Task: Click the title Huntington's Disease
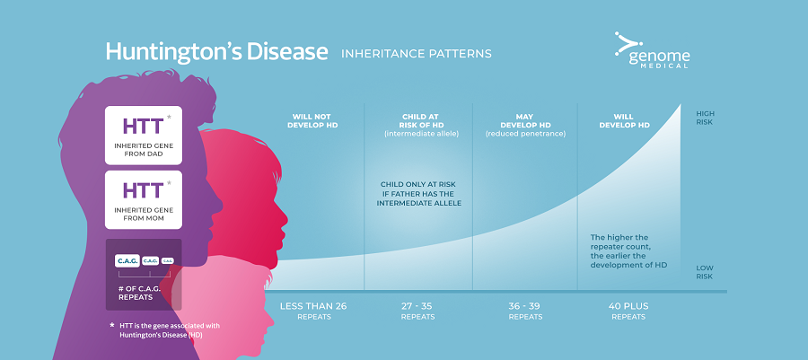click(216, 52)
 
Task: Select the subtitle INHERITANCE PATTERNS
click(417, 54)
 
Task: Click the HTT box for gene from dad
click(144, 135)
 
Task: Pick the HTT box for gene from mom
click(144, 200)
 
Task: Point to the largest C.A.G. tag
click(127, 261)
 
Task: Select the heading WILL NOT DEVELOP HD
click(312, 120)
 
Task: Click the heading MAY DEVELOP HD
click(525, 120)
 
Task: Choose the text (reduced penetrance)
click(525, 135)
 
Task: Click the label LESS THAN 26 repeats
click(313, 311)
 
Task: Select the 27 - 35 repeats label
click(417, 311)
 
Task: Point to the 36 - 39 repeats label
click(525, 311)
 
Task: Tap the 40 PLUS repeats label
click(628, 311)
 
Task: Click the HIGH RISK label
click(706, 118)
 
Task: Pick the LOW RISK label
click(705, 272)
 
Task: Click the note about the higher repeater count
click(628, 251)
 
